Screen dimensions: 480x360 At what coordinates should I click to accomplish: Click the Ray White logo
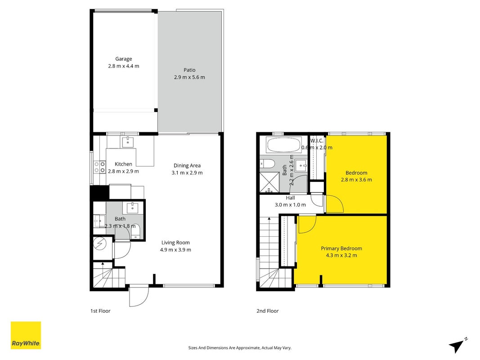[26, 335]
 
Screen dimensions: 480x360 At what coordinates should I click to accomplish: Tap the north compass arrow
[458, 345]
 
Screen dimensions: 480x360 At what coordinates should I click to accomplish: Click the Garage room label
[124, 59]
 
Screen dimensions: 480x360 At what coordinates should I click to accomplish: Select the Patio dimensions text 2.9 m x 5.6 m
[189, 77]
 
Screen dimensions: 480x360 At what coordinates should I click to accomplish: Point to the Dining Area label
[187, 166]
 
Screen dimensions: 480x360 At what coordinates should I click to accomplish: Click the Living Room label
[175, 243]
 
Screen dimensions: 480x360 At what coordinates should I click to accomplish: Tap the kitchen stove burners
[99, 167]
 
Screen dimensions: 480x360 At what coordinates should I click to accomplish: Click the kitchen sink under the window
[128, 142]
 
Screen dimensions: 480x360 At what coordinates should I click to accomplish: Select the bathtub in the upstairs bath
[283, 145]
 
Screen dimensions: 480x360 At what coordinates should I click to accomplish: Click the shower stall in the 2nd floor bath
[269, 182]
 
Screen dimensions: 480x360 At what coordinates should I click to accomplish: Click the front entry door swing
[139, 296]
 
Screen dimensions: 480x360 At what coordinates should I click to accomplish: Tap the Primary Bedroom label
[341, 248]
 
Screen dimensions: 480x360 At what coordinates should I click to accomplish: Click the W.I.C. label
[317, 141]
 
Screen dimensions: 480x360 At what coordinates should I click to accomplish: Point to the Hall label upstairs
[291, 198]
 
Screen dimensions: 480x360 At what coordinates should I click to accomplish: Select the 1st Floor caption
[100, 311]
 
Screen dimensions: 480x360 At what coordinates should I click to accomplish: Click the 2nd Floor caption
[268, 311]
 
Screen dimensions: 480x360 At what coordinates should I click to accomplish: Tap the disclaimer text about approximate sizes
[240, 348]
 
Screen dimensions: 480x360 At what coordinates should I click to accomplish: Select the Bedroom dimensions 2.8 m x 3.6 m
[356, 180]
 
